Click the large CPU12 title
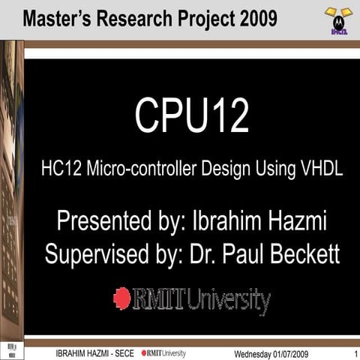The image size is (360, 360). (191, 116)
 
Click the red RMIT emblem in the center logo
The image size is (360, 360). (121, 298)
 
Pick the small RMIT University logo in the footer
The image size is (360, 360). (164, 352)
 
